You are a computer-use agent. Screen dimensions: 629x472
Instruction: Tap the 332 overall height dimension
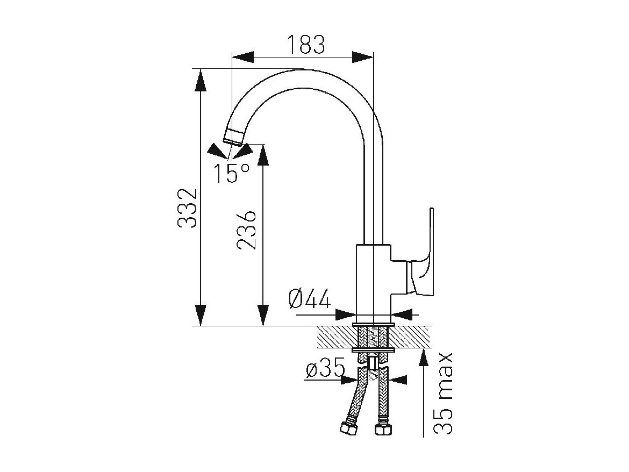(x=187, y=208)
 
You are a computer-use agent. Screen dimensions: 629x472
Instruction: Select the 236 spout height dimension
(x=246, y=230)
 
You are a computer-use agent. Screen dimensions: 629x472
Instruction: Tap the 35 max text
(x=444, y=393)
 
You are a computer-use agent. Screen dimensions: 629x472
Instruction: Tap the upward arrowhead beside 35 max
(x=424, y=360)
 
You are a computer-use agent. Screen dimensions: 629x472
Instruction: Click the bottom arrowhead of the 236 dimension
(x=263, y=315)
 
